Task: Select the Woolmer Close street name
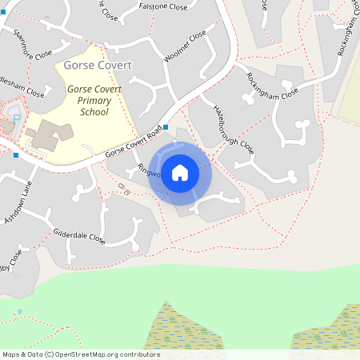pyautogui.click(x=185, y=49)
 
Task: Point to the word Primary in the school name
pyautogui.click(x=94, y=101)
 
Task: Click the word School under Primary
pyautogui.click(x=94, y=113)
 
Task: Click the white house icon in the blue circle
pyautogui.click(x=180, y=172)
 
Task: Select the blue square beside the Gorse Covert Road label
pyautogui.click(x=166, y=127)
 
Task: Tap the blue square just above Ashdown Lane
pyautogui.click(x=15, y=154)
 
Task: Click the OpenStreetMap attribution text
pyautogui.click(x=80, y=354)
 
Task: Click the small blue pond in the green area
pyautogui.click(x=19, y=311)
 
